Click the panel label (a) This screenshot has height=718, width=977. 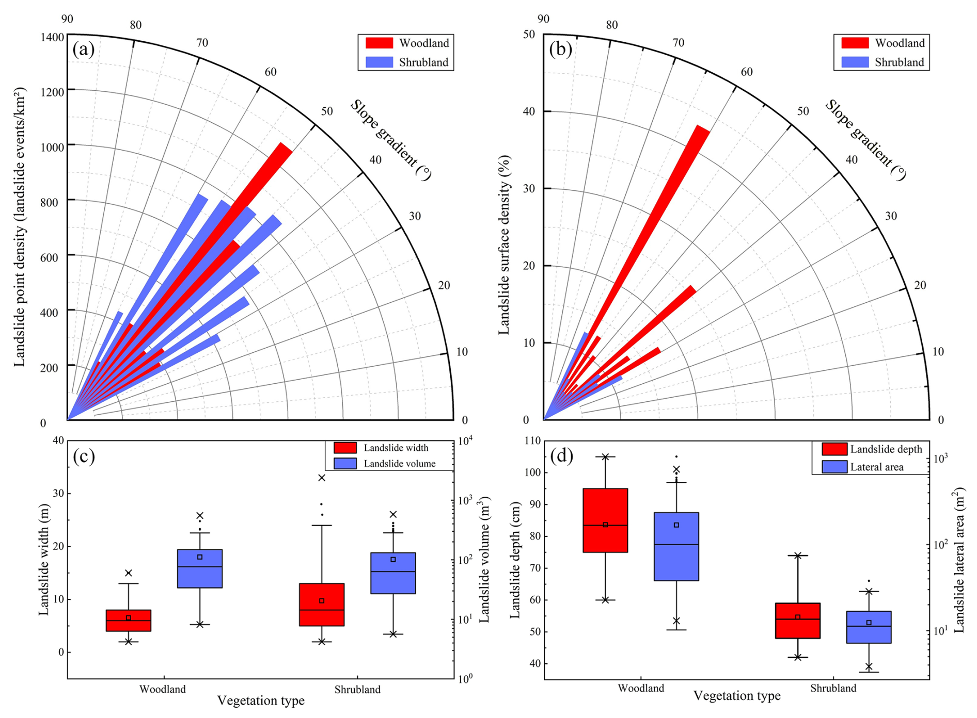tap(83, 50)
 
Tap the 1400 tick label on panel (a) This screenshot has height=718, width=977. tap(52, 37)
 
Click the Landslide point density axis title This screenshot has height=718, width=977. tap(20, 227)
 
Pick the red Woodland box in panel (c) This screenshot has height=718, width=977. tap(129, 620)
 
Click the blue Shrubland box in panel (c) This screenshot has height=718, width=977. tap(393, 573)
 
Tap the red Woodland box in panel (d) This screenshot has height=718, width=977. tap(605, 520)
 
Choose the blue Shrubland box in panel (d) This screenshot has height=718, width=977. tap(869, 627)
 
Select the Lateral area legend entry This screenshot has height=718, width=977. tap(876, 467)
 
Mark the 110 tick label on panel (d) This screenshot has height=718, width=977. tap(532, 441)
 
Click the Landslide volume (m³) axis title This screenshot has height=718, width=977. tap(484, 559)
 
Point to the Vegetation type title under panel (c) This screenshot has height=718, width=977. tap(261, 700)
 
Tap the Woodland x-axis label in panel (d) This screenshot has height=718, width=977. tap(641, 688)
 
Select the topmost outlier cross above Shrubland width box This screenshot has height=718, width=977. tap(322, 478)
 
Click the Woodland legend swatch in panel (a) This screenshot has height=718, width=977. tap(379, 43)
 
